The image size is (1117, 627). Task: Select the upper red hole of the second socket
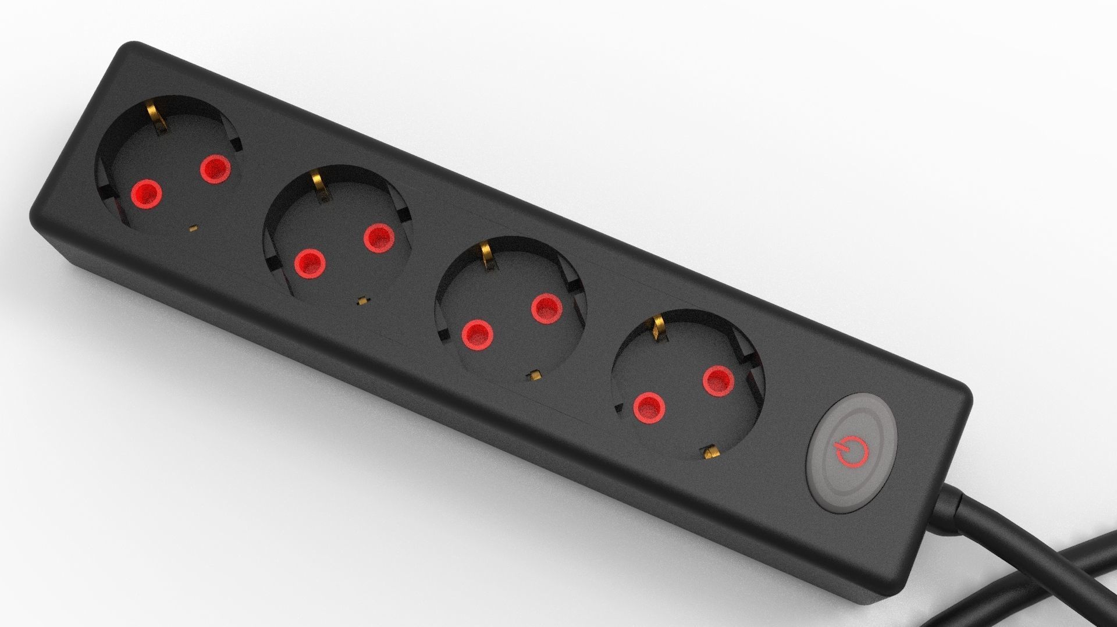[379, 237]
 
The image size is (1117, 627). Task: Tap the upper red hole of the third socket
[546, 308]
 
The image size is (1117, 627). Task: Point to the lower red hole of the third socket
[477, 334]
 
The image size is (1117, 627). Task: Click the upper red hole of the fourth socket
[718, 381]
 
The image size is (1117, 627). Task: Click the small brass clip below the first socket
[193, 228]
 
